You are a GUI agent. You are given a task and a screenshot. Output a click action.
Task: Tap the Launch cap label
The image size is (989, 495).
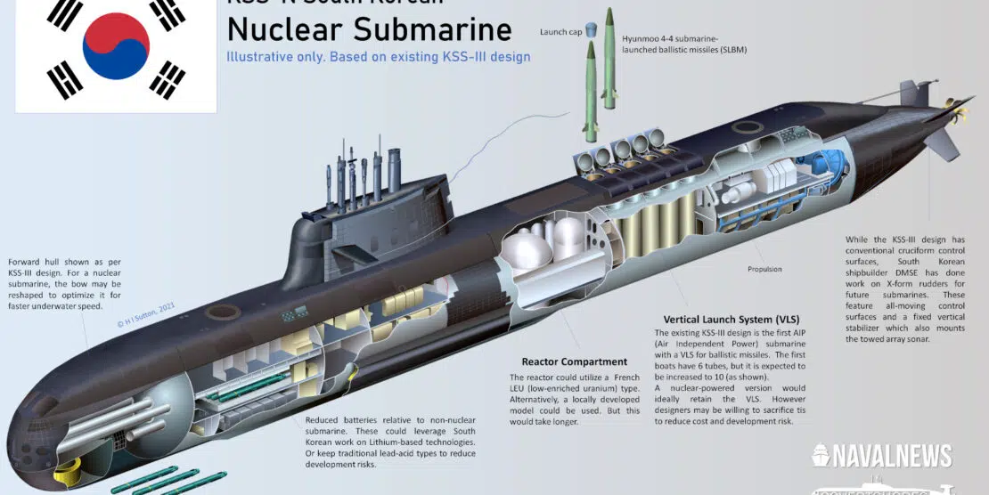(560, 32)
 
